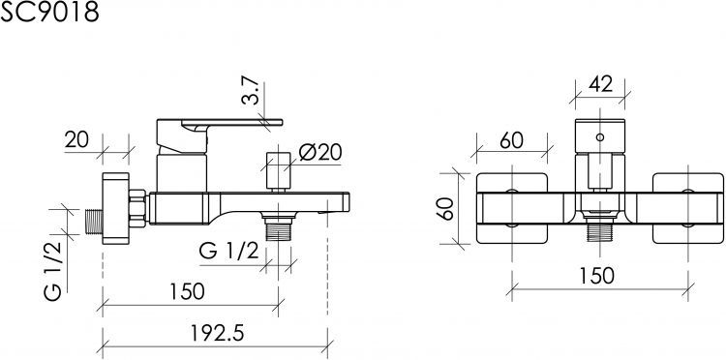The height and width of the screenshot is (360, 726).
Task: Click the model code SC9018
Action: point(49,12)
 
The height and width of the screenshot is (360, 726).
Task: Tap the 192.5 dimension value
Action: point(217,333)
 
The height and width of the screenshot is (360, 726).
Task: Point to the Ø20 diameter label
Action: point(320,152)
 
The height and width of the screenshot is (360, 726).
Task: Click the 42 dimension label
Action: point(600,85)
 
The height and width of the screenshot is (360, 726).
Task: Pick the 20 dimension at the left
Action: point(76,139)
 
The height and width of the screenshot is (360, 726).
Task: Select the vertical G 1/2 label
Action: point(53,271)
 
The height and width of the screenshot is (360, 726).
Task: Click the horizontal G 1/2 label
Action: point(228,252)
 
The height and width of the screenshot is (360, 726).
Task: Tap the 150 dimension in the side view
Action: point(187,291)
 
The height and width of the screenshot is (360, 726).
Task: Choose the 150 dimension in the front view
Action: point(597,276)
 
